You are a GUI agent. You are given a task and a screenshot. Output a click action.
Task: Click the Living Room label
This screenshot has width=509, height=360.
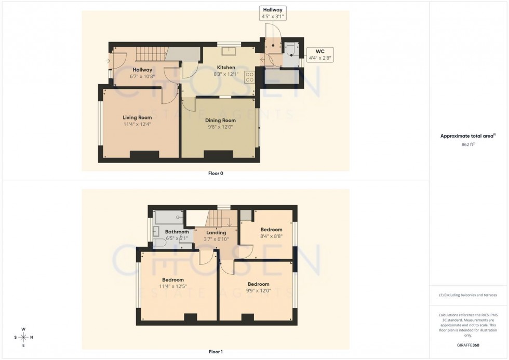click(x=137, y=117)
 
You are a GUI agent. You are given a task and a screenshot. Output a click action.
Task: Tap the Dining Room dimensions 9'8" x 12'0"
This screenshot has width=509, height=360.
click(x=220, y=127)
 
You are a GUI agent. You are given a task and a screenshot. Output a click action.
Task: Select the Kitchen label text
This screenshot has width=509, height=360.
click(x=226, y=68)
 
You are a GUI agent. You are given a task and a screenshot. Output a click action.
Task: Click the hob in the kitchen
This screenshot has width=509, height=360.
click(x=249, y=77)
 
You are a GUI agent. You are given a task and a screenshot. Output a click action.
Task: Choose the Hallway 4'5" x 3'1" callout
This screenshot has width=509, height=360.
click(x=273, y=14)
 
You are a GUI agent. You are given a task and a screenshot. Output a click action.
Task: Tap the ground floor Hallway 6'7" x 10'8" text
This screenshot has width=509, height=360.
click(x=142, y=76)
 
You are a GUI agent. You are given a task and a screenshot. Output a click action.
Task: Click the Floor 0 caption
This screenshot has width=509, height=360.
click(x=215, y=174)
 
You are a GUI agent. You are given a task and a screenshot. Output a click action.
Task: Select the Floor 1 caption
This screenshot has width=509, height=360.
click(x=215, y=352)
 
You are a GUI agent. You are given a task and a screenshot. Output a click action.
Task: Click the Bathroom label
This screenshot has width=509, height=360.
click(x=177, y=232)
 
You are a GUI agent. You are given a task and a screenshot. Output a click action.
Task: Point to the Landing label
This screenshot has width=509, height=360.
click(x=216, y=233)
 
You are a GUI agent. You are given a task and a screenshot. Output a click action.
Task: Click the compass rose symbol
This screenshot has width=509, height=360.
click(x=23, y=337)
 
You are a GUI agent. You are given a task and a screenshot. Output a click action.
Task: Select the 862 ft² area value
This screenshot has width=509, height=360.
click(x=468, y=144)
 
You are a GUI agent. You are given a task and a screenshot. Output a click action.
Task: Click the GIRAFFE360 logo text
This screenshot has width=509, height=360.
click(x=468, y=345)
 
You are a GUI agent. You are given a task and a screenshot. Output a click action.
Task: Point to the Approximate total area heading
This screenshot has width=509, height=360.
click(x=468, y=136)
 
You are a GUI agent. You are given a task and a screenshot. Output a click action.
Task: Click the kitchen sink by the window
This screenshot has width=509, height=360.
click(x=229, y=51)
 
